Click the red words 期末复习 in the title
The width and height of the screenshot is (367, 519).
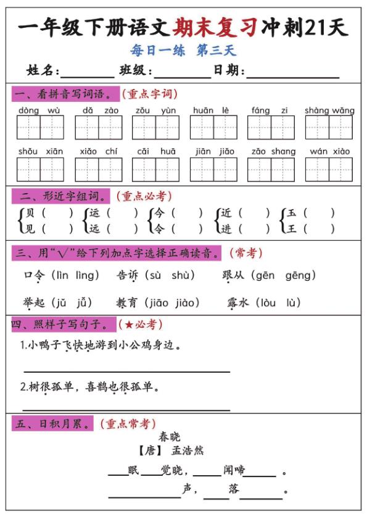[x=216, y=28]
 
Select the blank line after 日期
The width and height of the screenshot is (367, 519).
[x=292, y=71]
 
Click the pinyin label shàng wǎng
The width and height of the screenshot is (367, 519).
[x=329, y=110]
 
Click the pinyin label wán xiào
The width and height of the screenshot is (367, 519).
[x=329, y=151]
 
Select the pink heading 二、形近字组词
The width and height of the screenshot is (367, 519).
[x=60, y=196]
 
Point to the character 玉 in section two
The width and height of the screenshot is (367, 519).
[x=292, y=213]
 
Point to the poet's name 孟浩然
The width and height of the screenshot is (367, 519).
[x=188, y=451]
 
